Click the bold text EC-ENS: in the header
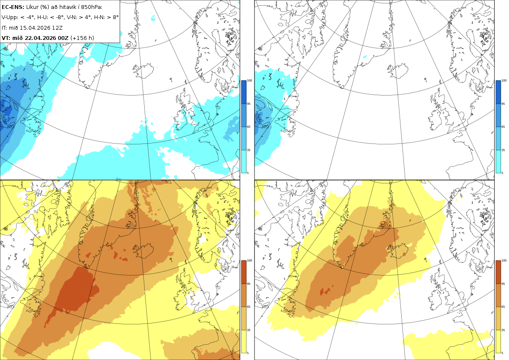tap(13, 7)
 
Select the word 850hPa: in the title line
tap(92, 7)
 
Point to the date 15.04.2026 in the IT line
tap(34, 28)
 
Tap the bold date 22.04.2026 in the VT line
tap(40, 38)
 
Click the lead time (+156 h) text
tap(82, 38)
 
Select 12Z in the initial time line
tap(57, 28)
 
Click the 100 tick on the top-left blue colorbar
tap(249, 81)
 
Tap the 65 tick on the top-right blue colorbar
tap(503, 127)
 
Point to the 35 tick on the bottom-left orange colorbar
tap(249, 330)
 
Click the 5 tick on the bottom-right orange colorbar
tap(502, 353)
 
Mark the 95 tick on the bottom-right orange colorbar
tap(503, 284)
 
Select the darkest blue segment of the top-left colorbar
tap(243, 92)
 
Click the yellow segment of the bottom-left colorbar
tap(243, 341)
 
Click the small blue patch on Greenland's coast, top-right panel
tap(365, 56)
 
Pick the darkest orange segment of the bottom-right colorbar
tap(498, 272)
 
